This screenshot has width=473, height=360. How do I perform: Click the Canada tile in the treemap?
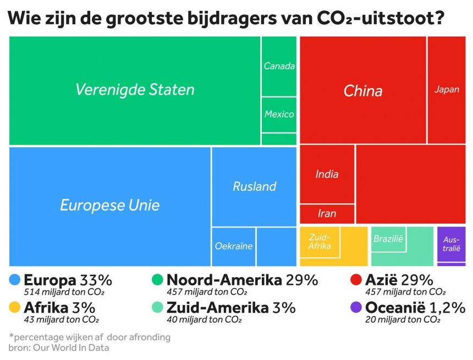279,67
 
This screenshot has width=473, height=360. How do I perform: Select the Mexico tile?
279,114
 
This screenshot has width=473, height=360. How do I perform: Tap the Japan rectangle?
446,90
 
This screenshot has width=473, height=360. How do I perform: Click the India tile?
327,174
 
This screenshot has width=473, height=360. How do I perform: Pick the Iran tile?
327,213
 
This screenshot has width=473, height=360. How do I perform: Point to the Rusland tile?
254,186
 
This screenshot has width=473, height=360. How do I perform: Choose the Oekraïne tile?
233,246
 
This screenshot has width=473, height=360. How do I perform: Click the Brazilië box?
388,239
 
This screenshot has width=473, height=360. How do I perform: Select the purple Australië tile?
451,244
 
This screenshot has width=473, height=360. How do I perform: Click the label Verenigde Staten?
135,90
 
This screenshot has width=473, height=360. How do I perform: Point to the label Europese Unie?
109,206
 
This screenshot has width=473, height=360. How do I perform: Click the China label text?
362,91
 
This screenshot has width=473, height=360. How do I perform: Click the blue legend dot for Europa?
15,280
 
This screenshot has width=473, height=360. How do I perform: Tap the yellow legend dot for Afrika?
15,307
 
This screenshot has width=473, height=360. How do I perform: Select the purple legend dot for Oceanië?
356,307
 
